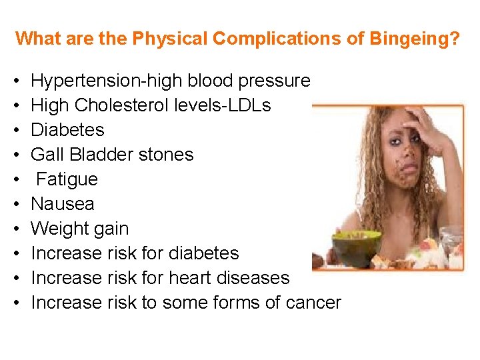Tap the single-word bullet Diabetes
(x=67, y=130)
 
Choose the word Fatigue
(x=67, y=179)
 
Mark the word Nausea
(x=63, y=204)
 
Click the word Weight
(x=61, y=229)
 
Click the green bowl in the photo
(x=356, y=246)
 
